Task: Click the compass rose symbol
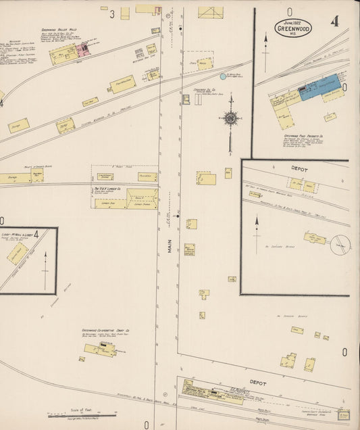coord(230,118)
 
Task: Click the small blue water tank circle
coord(223,76)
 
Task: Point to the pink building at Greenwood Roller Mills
coord(84,50)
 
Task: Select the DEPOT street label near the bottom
coord(257,383)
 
